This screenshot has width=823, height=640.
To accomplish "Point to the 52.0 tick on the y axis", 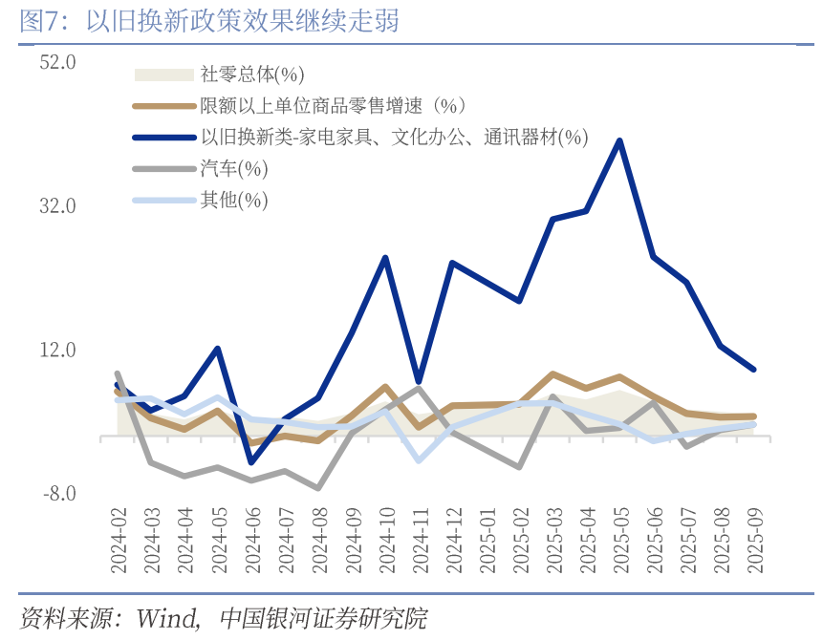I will [x=58, y=62].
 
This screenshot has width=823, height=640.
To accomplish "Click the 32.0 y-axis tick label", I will [x=58, y=206].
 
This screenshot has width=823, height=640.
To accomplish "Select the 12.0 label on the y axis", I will [x=58, y=351].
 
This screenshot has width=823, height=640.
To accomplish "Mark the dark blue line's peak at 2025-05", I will [x=620, y=141].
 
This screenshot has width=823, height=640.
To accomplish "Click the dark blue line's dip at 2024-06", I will [x=251, y=462].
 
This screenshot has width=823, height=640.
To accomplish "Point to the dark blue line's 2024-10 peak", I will [x=385, y=258].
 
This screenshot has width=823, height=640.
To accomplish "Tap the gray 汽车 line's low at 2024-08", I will [x=318, y=488].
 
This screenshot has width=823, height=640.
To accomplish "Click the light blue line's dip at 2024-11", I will [x=419, y=459].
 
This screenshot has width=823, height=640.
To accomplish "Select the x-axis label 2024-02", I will [x=119, y=541].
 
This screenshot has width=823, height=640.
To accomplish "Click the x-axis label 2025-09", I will [x=754, y=541].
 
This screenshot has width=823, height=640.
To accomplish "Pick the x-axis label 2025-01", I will [x=487, y=541].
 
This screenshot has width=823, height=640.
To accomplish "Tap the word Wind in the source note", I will [x=166, y=618].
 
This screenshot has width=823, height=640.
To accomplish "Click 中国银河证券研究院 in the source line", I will [x=324, y=618].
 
